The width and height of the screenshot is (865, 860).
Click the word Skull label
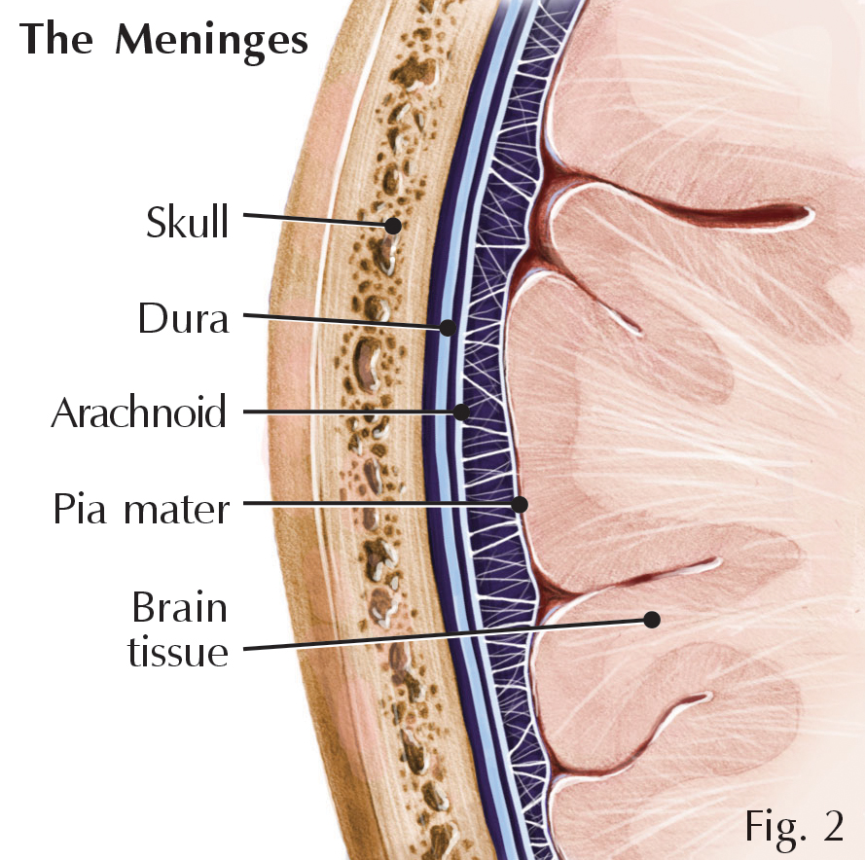point(188,222)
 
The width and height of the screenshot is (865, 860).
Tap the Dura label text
point(183,318)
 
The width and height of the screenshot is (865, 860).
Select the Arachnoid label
point(138,412)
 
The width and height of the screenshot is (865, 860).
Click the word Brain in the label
point(179,608)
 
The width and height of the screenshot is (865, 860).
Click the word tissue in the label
point(178,651)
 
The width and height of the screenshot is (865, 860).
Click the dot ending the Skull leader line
point(393,226)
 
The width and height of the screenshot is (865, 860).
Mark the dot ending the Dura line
point(447,328)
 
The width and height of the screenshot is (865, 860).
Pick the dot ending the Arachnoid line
point(463,412)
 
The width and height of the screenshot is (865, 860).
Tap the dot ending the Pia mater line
point(520,504)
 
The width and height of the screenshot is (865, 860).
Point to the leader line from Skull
point(316,220)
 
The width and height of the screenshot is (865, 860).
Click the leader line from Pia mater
point(379,503)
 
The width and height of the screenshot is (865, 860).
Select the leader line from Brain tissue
point(438,634)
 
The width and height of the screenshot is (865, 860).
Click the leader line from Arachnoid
point(350,412)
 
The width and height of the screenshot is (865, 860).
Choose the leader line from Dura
point(341,321)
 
